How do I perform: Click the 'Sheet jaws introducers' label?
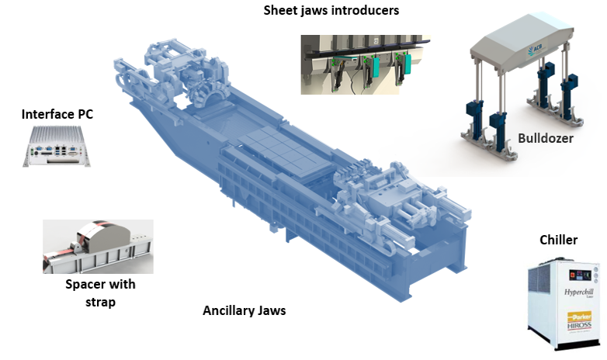coord(331,10)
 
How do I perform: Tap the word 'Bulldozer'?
coord(546,138)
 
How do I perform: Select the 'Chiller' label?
coord(558,240)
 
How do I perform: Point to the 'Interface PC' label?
coord(57,114)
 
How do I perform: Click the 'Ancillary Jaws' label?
coord(245,310)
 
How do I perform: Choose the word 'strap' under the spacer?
coord(100,302)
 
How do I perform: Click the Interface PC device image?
coord(57,147)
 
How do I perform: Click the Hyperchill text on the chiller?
coord(578,292)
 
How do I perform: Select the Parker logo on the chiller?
coord(580,317)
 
